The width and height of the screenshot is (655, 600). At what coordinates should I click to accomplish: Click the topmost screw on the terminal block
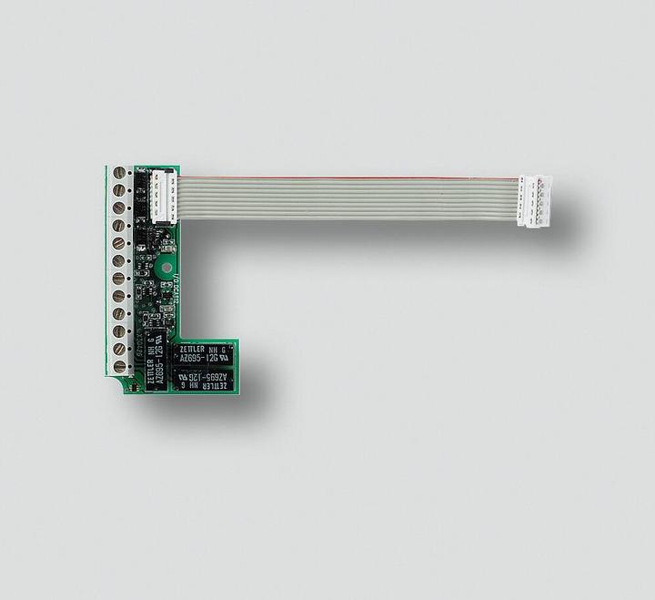pos(119,173)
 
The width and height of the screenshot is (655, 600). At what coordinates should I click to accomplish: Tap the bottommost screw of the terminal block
pos(119,366)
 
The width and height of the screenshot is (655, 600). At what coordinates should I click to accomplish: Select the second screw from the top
pos(119,190)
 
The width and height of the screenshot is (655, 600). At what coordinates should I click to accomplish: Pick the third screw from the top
pos(119,208)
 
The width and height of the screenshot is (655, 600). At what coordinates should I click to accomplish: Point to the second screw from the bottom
pos(119,349)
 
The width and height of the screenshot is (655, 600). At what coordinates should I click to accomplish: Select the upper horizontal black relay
pos(202,354)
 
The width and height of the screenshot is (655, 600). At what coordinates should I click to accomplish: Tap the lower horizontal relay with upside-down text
pos(202,380)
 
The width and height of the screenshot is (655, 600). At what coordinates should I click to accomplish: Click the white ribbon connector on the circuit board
pos(164,194)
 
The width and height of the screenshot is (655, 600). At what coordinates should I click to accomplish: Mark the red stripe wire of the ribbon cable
pos(346,178)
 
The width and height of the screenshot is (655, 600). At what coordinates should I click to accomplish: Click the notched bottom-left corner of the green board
pos(126,385)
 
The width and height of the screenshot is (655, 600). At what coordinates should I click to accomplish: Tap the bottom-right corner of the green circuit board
pos(237,392)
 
